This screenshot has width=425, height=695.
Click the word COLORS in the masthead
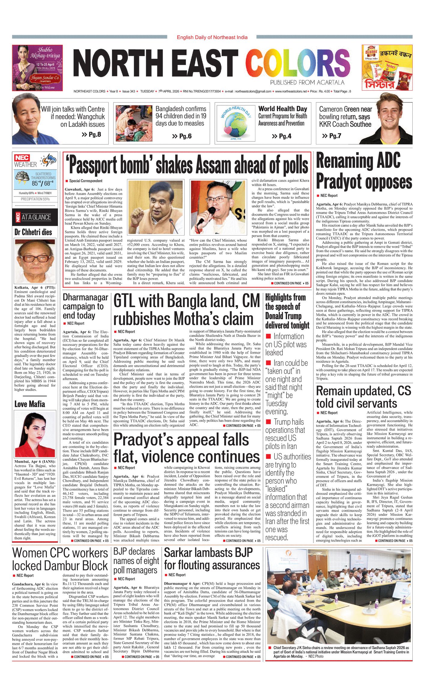(x=298, y=64)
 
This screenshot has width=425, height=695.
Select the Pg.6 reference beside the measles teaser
(x=182, y=136)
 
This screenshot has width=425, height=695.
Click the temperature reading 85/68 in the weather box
(x=43, y=183)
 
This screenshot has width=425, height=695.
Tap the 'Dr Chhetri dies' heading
(x=33, y=232)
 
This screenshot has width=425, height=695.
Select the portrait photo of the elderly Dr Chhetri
(x=35, y=261)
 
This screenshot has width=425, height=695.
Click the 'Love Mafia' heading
(x=30, y=404)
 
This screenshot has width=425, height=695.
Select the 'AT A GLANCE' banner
(x=35, y=217)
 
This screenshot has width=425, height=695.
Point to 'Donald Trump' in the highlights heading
(x=283, y=316)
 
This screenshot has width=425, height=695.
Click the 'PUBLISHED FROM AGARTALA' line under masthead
(x=307, y=83)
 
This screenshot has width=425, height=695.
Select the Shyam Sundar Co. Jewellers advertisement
(x=37, y=68)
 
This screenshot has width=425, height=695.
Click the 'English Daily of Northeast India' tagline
(x=212, y=37)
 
